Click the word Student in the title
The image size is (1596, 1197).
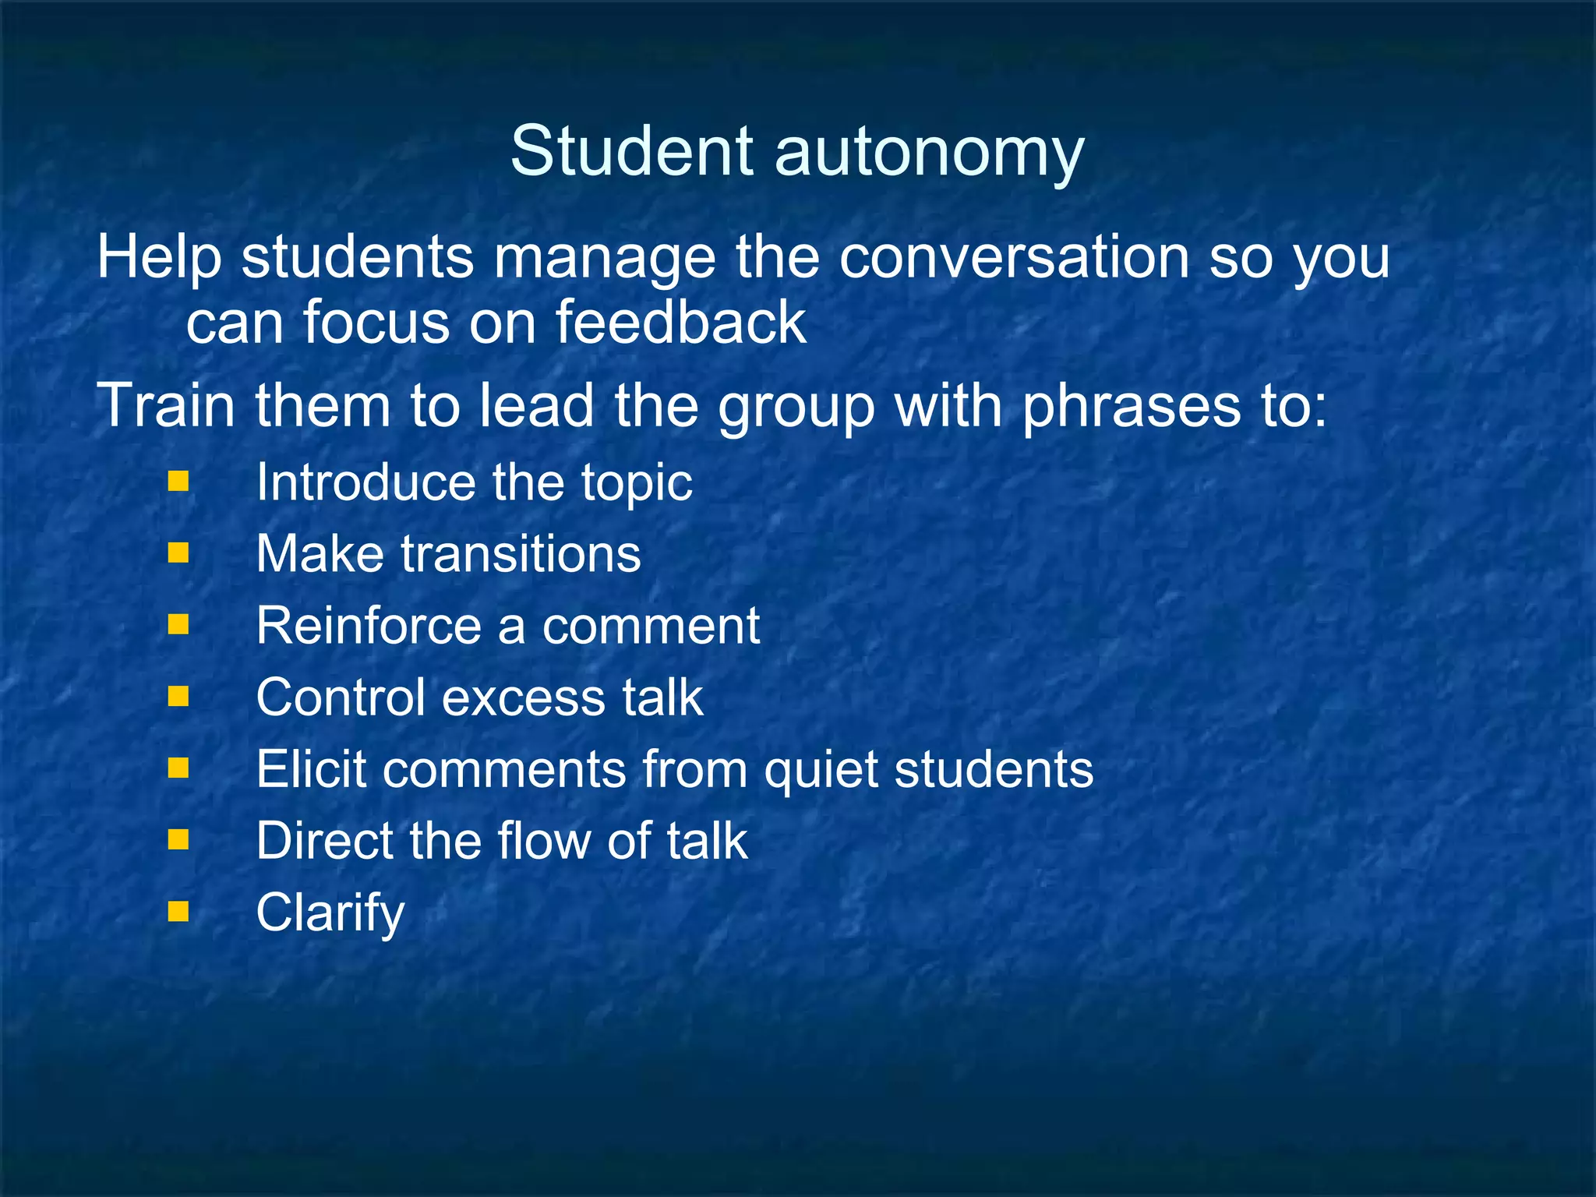pyautogui.click(x=632, y=151)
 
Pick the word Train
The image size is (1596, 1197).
pyautogui.click(x=165, y=406)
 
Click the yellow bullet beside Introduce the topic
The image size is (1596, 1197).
pyautogui.click(x=178, y=481)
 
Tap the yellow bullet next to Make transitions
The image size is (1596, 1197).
pyautogui.click(x=178, y=553)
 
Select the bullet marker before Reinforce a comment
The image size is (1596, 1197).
pyautogui.click(x=178, y=624)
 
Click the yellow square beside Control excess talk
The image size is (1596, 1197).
pyautogui.click(x=178, y=696)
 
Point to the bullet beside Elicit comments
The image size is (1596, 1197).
pyautogui.click(x=178, y=768)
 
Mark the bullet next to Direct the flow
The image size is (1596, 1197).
pyautogui.click(x=178, y=839)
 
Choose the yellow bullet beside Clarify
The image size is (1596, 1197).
pyautogui.click(x=178, y=911)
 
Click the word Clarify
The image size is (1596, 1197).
pyautogui.click(x=330, y=914)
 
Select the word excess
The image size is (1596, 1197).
pyautogui.click(x=524, y=697)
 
